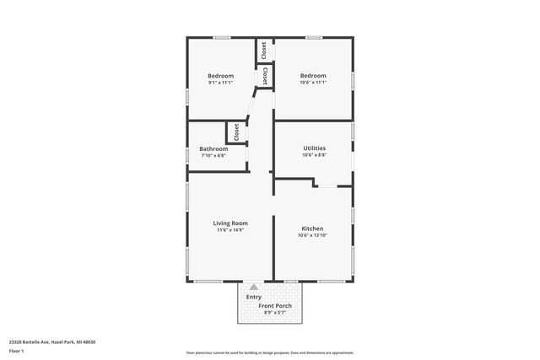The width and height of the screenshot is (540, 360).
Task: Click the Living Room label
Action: pos(229,223)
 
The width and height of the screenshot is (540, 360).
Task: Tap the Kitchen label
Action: pos(312,228)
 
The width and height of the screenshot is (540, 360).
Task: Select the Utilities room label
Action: pos(314,148)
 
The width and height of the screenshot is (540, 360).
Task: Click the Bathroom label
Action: pos(213,148)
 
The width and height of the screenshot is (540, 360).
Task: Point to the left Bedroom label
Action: pos(220,76)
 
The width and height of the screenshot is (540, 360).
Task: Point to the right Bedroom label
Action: pos(313,76)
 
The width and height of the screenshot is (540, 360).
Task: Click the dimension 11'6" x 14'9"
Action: pos(229,230)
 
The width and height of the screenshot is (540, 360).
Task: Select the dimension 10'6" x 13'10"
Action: pos(312,235)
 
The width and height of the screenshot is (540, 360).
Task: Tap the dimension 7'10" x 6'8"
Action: pos(213,155)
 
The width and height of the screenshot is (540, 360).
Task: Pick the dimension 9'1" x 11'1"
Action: pos(220,83)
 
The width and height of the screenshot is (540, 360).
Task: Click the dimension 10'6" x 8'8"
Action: pos(314,154)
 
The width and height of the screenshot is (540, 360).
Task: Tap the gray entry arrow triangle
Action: pos(253,287)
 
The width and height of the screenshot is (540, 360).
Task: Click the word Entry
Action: pos(253,297)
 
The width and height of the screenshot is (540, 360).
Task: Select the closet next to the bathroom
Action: pos(236,132)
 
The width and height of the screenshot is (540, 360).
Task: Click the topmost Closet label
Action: pos(264,50)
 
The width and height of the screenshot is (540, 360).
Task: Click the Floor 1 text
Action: pos(17,350)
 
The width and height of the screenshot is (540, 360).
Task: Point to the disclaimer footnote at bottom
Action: pos(269,352)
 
